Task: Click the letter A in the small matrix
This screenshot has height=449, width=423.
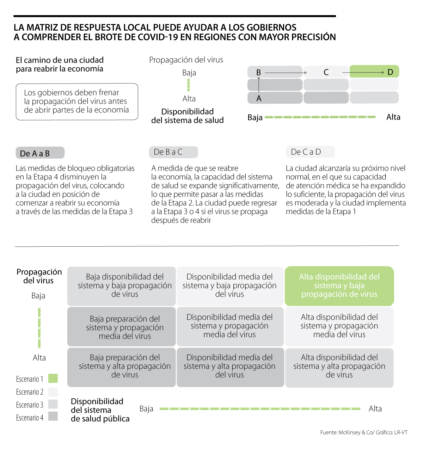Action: click(x=259, y=99)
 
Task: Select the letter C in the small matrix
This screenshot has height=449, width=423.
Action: click(x=326, y=73)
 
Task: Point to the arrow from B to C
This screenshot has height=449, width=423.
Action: click(x=286, y=73)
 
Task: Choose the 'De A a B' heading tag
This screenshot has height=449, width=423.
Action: click(x=40, y=153)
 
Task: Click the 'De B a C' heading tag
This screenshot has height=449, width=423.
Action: click(x=173, y=152)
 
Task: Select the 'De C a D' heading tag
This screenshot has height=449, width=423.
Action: click(x=310, y=152)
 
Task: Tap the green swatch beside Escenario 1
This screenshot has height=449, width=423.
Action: click(x=53, y=379)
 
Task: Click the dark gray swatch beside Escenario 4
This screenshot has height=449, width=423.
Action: click(x=53, y=417)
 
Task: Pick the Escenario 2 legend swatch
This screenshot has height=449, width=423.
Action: click(x=53, y=392)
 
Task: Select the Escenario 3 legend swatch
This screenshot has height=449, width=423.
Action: click(x=53, y=404)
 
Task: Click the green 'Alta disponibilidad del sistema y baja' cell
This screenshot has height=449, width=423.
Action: click(x=339, y=286)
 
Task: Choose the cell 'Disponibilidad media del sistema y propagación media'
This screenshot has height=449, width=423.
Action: click(x=230, y=326)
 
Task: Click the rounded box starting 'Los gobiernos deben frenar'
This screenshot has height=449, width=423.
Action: click(x=77, y=102)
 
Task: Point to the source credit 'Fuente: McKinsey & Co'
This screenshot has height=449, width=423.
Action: click(x=363, y=432)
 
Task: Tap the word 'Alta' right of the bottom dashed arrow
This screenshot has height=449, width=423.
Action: click(x=375, y=409)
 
